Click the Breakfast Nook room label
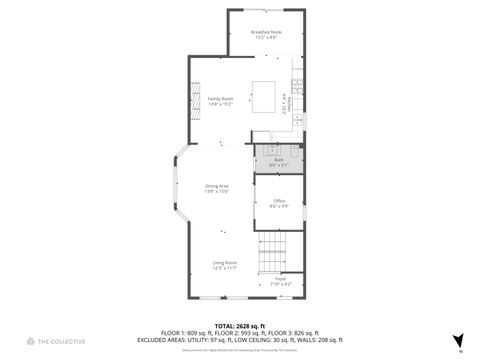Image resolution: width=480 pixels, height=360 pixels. pos(265,33)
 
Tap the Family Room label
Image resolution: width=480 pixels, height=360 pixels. pos(220,99)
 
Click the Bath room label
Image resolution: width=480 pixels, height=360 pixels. pos(279,159)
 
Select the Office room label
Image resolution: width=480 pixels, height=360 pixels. pos(279,201)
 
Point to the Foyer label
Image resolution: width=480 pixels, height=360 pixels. pos(281,279)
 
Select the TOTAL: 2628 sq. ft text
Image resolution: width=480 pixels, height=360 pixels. pos(239,326)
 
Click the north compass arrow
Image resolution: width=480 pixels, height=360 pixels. pos(459,340)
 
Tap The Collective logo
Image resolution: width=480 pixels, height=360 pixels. pos(40,342)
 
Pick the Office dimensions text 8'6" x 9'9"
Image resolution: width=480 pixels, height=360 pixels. pos(279,207)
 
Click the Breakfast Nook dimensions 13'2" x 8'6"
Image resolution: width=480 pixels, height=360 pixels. pos(265,39)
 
